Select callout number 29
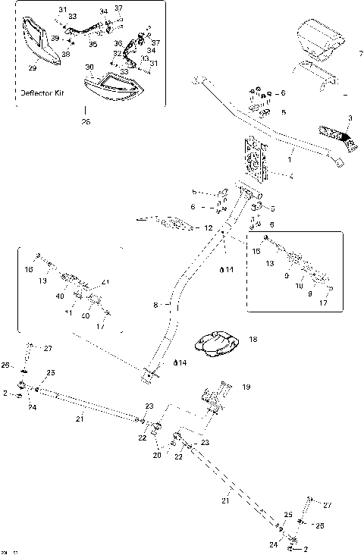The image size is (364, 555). (x=32, y=68)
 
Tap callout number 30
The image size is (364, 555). (x=89, y=67)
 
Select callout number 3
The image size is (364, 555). (x=350, y=118)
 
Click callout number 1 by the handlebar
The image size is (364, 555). (x=289, y=160)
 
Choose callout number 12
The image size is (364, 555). (x=209, y=227)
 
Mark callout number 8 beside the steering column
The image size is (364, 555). (x=155, y=305)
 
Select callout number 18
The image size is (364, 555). (x=252, y=340)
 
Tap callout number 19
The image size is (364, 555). (x=246, y=387)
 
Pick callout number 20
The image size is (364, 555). (x=157, y=455)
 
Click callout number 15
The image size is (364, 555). (x=256, y=249)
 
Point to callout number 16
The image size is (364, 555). (x=29, y=269)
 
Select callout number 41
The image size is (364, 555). (x=105, y=282)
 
